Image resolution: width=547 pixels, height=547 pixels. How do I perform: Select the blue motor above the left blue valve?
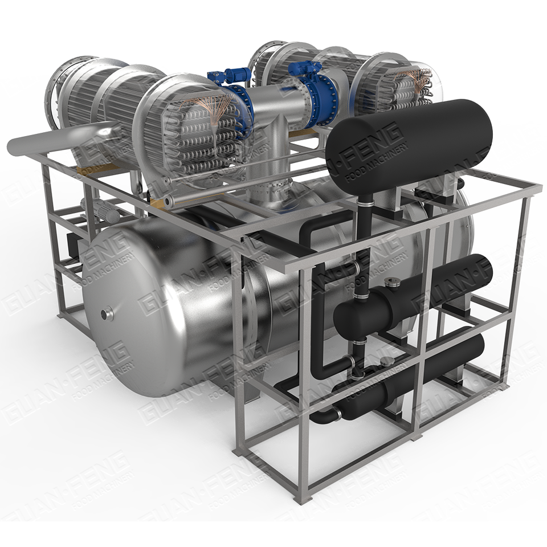(x=230, y=75)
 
